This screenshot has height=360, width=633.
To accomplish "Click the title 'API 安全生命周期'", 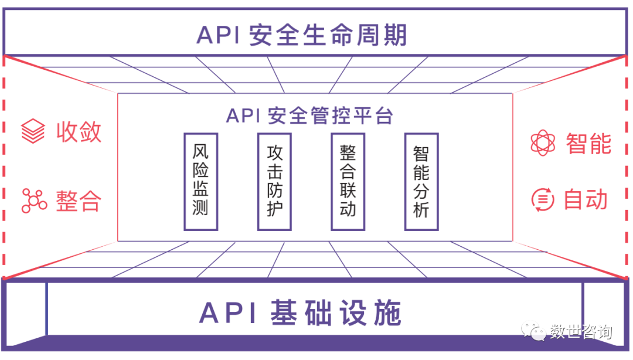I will (301, 35).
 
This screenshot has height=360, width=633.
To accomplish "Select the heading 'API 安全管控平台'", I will (309, 116).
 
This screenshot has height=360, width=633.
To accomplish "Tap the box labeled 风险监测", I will (200, 181).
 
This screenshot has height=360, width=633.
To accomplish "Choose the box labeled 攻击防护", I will (274, 181).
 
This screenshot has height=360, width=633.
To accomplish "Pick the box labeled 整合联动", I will (348, 181).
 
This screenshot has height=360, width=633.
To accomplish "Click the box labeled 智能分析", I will (421, 181).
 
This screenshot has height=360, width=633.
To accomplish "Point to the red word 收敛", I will (79, 131).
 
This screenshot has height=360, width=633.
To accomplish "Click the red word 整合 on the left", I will (79, 201).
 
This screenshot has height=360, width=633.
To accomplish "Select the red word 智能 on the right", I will (588, 143).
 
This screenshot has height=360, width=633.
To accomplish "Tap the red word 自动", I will (586, 200).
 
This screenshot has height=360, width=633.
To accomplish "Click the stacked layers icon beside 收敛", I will (33, 131).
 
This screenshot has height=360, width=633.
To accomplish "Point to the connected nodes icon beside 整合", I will (33, 201).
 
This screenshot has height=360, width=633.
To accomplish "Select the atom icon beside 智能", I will (543, 143).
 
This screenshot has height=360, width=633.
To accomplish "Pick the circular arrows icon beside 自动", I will (543, 200).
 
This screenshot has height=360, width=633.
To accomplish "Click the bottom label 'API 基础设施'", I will (301, 313).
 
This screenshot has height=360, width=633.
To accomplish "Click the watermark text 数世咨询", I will (581, 332).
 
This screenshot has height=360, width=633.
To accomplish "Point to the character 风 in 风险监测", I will (200, 154).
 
